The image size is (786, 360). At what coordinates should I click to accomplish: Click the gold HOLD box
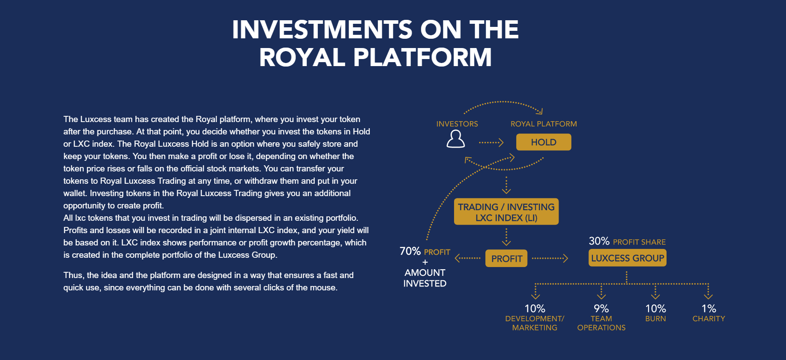pyautogui.click(x=544, y=142)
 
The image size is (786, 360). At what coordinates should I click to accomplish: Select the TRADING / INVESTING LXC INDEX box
pyautogui.click(x=506, y=212)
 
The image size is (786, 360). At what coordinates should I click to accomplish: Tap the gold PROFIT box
pyautogui.click(x=507, y=259)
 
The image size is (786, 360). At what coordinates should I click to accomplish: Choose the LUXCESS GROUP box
pyautogui.click(x=627, y=258)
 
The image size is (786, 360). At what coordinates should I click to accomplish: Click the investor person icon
pyautogui.click(x=456, y=139)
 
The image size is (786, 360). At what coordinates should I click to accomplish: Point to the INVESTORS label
pyautogui.click(x=457, y=124)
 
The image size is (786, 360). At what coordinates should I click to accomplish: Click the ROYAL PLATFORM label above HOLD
pyautogui.click(x=544, y=124)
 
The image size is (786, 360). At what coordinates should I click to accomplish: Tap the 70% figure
pyautogui.click(x=410, y=251)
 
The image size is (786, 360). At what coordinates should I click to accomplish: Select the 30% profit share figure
pyautogui.click(x=599, y=241)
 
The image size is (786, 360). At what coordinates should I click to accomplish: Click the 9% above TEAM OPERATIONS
pyautogui.click(x=601, y=308)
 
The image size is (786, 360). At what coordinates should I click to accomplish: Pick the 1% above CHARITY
pyautogui.click(x=709, y=308)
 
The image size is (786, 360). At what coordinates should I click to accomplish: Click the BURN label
pyautogui.click(x=656, y=319)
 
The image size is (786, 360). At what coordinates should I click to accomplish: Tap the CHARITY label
pyautogui.click(x=709, y=319)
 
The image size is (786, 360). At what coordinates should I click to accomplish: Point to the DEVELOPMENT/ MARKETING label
pyautogui.click(x=535, y=323)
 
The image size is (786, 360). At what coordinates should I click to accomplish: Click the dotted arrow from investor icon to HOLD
pyautogui.click(x=491, y=142)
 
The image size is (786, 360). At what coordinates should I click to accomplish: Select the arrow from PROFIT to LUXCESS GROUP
pyautogui.click(x=550, y=258)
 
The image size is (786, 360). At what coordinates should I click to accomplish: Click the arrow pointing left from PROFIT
pyautogui.click(x=468, y=258)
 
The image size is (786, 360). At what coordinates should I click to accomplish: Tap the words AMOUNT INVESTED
pyautogui.click(x=425, y=278)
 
